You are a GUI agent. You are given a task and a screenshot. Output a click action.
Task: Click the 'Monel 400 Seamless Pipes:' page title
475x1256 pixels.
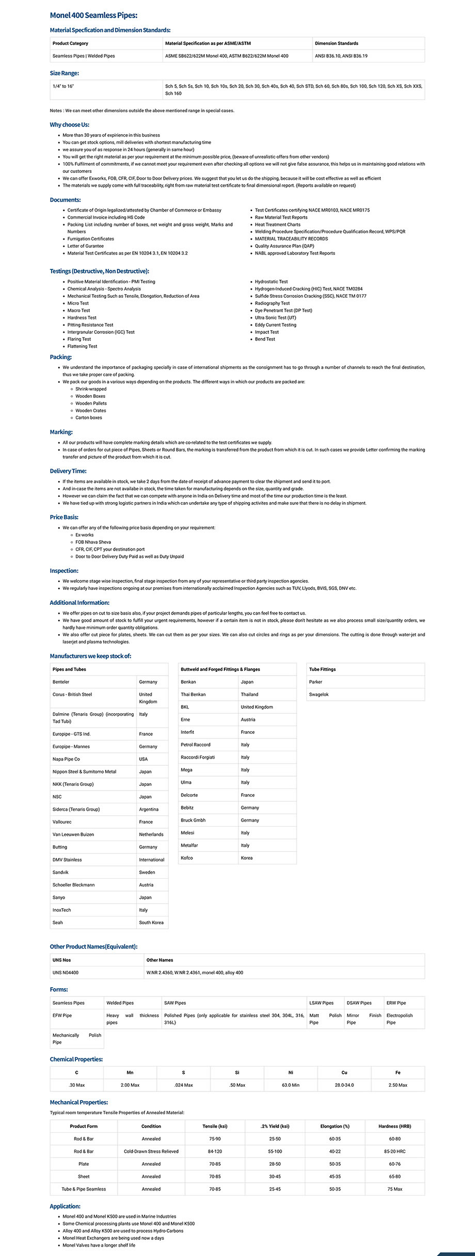93,15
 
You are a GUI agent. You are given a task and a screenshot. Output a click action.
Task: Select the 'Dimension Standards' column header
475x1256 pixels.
336,43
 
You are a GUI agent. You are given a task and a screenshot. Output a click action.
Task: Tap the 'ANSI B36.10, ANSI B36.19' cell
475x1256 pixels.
341,56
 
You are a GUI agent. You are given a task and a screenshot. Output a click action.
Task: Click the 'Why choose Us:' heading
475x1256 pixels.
69,124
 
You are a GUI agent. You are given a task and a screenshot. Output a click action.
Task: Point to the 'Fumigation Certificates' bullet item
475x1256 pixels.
90,239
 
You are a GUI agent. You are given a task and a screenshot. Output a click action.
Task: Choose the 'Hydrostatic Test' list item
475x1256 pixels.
271,282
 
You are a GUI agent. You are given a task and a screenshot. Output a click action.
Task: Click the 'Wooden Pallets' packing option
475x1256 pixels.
91,404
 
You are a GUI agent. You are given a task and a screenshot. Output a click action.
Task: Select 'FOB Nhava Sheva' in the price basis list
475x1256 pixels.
93,542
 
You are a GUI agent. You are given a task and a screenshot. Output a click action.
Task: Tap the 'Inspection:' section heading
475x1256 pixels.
64,571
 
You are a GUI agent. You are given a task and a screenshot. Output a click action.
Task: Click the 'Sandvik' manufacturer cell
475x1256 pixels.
60,872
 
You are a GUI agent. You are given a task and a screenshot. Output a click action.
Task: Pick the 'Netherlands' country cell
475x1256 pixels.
151,834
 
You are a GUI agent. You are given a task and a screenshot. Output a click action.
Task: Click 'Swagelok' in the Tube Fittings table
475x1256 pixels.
319,695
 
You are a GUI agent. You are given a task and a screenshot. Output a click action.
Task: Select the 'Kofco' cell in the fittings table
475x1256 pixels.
186,858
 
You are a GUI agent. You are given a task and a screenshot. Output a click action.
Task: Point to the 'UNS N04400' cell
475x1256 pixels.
66,972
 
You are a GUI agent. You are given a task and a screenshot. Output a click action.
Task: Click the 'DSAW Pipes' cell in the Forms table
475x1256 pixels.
359,1003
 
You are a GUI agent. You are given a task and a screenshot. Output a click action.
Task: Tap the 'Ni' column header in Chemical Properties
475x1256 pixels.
291,1072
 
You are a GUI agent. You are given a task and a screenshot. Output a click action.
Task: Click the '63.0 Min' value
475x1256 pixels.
291,1085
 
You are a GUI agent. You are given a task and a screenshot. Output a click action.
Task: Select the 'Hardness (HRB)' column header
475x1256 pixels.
394,1126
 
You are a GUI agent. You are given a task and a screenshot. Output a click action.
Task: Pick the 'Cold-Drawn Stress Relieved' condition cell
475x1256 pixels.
151,1151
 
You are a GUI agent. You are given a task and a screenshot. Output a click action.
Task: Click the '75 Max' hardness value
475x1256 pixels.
394,1189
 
